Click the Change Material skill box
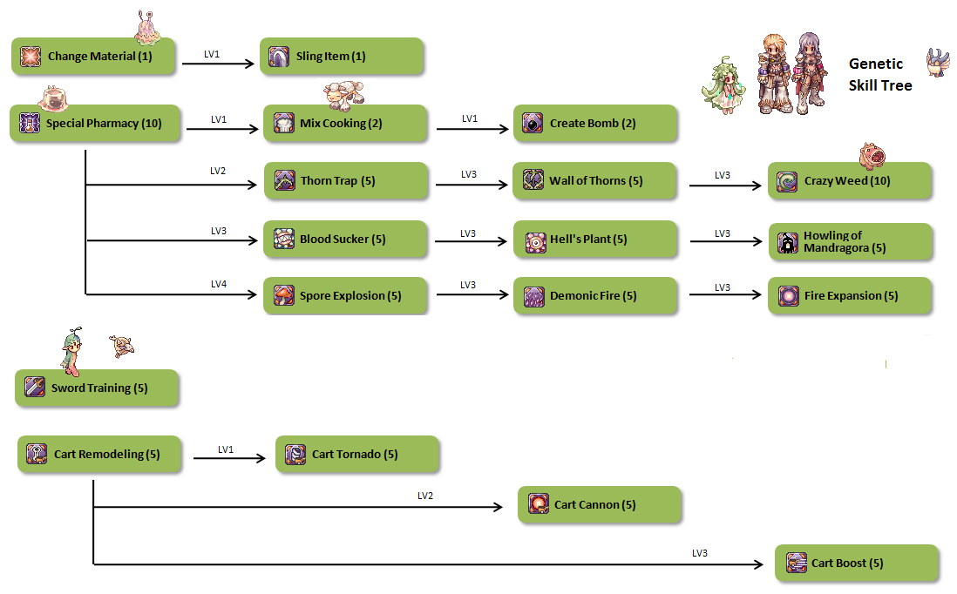click(x=93, y=56)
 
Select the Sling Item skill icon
click(x=279, y=57)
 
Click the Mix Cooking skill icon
click(x=284, y=123)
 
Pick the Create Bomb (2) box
click(x=595, y=124)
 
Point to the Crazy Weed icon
click(x=788, y=181)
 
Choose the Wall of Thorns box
click(x=595, y=181)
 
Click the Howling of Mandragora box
click(x=850, y=241)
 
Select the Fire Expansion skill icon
click(x=788, y=295)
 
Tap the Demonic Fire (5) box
click(x=595, y=296)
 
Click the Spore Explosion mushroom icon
click(x=284, y=295)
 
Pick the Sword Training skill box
click(x=97, y=388)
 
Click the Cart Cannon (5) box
click(x=600, y=504)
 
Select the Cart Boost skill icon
click(x=796, y=563)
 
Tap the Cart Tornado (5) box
click(x=357, y=455)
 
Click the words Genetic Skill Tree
click(x=880, y=75)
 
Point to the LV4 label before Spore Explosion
click(x=218, y=284)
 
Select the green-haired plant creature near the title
click(x=723, y=84)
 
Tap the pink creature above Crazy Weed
click(x=872, y=155)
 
